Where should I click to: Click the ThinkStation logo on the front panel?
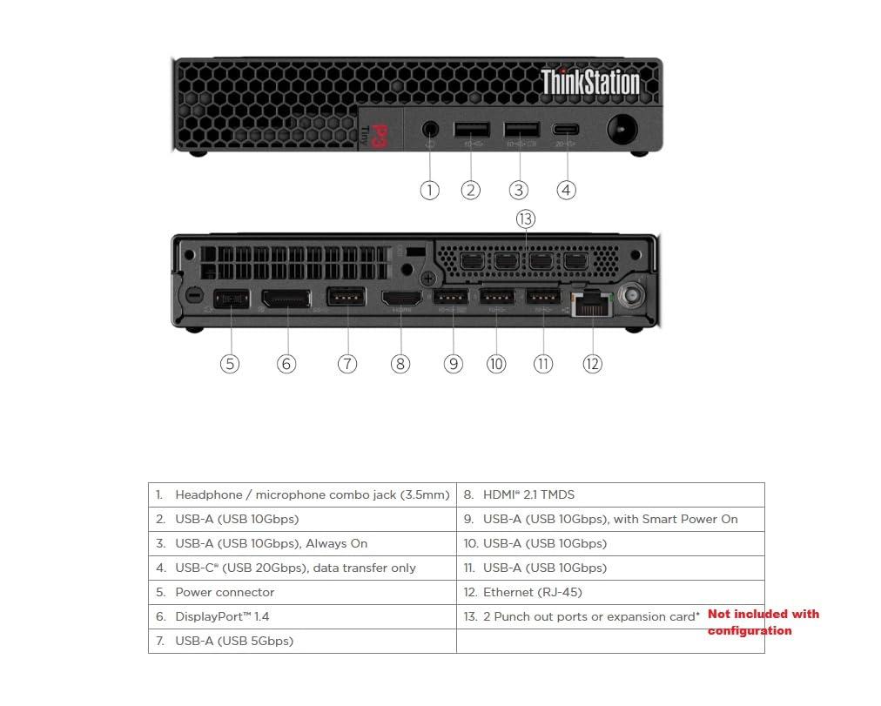tap(590, 82)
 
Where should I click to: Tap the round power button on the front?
tap(622, 131)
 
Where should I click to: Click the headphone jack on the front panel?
tap(429, 131)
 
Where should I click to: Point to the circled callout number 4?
tap(567, 190)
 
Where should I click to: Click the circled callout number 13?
tap(525, 219)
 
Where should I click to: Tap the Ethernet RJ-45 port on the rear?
tap(591, 303)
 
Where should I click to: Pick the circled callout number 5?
tap(229, 363)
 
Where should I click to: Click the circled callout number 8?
tap(400, 363)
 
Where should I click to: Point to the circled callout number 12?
tap(592, 363)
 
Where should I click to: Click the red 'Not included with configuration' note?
tap(763, 622)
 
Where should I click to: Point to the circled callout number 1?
tap(429, 190)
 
